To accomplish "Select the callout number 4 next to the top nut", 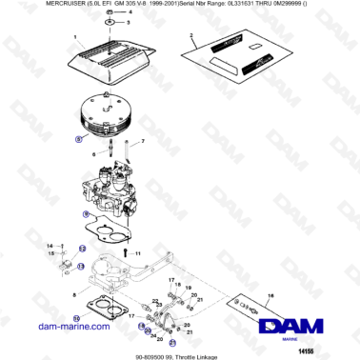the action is [130, 11].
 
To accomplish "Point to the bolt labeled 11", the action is [126, 253].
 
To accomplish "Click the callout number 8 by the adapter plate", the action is [75, 296].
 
